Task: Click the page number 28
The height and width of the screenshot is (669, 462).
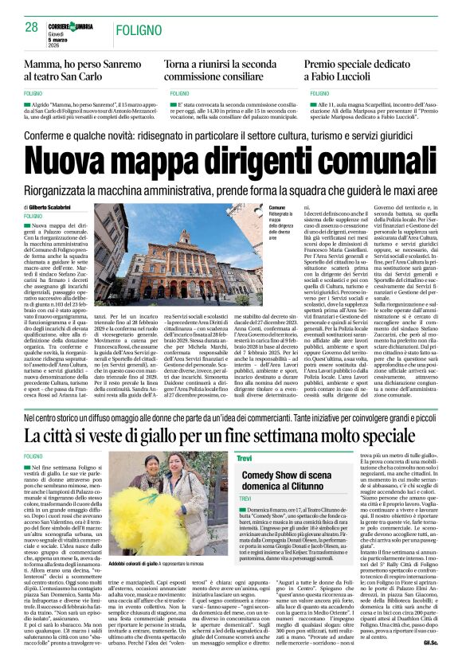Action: pos(33,26)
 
